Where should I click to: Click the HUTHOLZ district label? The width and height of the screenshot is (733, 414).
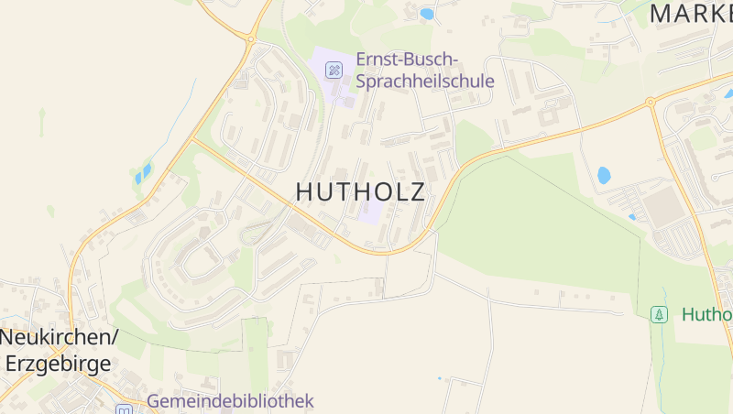tap(361, 191)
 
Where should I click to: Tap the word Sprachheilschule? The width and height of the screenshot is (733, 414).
tap(425, 81)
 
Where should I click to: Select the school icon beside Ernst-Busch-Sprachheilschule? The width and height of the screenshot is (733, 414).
tap(334, 69)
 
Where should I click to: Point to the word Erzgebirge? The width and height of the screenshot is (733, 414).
tap(59, 363)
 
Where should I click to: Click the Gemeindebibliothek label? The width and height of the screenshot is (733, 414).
tap(230, 401)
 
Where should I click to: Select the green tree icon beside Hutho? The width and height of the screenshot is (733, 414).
tap(659, 314)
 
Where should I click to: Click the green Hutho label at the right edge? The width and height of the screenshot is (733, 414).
tap(706, 314)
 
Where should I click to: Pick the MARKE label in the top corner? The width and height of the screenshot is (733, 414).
tap(691, 13)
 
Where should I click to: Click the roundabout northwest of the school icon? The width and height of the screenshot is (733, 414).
tap(249, 38)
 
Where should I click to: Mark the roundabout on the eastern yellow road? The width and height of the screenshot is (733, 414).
tap(650, 102)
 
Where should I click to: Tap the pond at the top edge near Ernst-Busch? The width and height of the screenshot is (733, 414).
tap(427, 14)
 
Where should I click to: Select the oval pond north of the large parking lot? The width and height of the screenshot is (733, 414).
tap(604, 174)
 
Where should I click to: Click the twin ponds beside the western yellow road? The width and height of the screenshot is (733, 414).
tap(143, 174)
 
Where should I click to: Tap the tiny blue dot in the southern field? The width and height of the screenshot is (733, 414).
tap(439, 378)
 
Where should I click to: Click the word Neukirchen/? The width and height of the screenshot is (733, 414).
tap(59, 337)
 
